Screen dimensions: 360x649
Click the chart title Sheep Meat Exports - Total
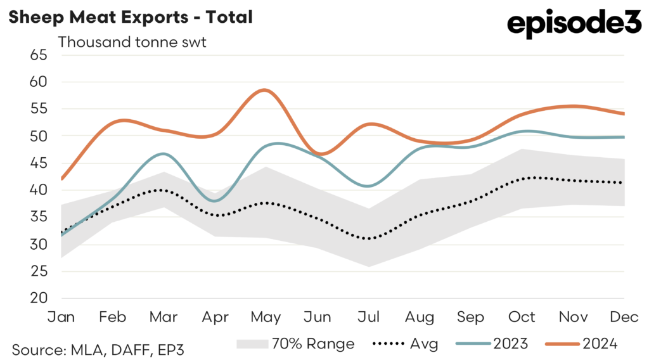pyautogui.click(x=131, y=17)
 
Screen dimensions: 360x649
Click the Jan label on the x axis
pyautogui.click(x=61, y=316)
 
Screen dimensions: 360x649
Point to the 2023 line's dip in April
pyautogui.click(x=215, y=201)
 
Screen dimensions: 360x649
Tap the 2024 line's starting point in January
pyautogui.click(x=61, y=179)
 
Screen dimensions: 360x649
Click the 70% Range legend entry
pyautogui.click(x=295, y=344)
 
